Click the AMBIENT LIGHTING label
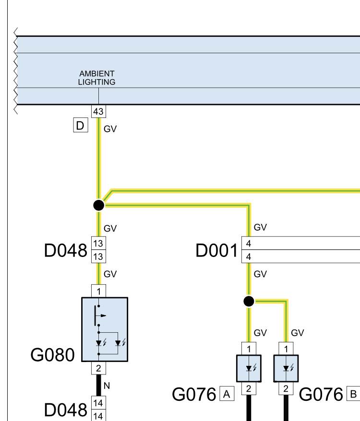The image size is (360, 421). [x=97, y=78]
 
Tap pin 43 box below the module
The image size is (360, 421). [x=99, y=111]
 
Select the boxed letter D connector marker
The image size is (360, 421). [x=81, y=125]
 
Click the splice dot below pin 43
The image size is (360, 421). [x=99, y=205]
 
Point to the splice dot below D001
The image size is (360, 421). [x=249, y=301]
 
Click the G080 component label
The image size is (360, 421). [x=52, y=355]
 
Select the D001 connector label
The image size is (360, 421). [x=216, y=250]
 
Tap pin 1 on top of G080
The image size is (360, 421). [x=99, y=291]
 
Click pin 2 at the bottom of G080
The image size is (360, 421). [x=99, y=368]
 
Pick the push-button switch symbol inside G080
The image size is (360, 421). [x=99, y=316]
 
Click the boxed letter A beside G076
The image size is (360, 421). [x=227, y=394]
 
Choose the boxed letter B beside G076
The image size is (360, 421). [x=353, y=394]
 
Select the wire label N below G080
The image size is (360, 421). [x=107, y=386]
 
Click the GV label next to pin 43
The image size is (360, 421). [x=110, y=129]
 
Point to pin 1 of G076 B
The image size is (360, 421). [x=286, y=349]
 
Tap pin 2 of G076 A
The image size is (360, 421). [x=249, y=388]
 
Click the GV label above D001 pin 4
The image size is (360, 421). [x=260, y=227]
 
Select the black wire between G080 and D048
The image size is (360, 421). [x=99, y=385]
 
